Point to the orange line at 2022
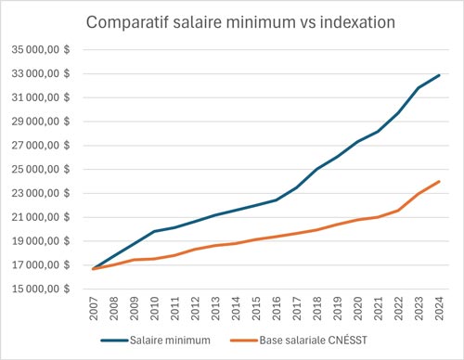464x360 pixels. coord(397,211)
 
